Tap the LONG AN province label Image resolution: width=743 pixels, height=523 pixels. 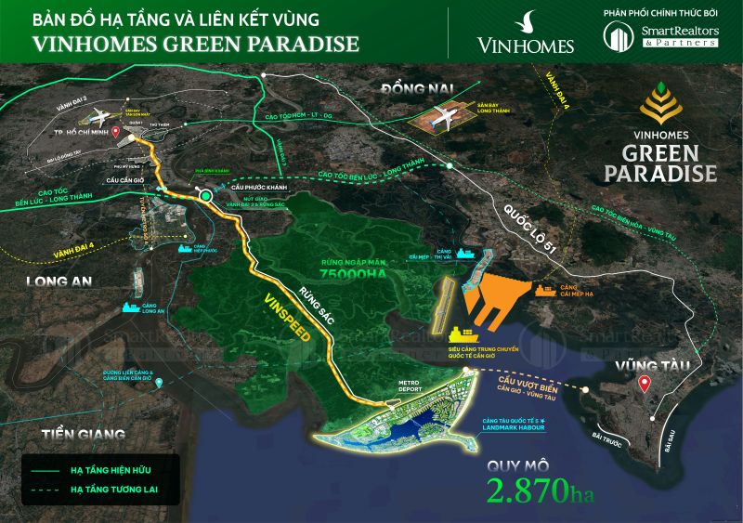tap(57, 282)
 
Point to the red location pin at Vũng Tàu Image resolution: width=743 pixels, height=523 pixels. tap(645, 384)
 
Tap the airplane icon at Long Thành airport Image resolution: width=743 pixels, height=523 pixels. tap(443, 118)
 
